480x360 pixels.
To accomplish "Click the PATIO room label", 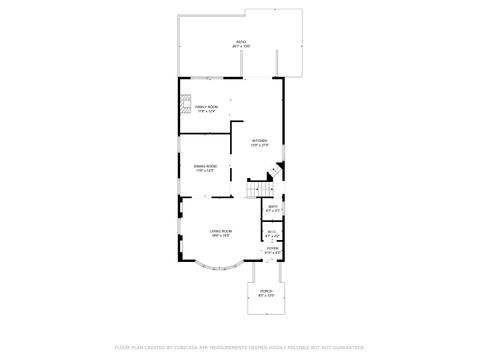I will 242,41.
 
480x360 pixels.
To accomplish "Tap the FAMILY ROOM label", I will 207,105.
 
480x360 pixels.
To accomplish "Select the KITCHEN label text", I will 259,140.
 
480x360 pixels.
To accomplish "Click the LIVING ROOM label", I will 221,230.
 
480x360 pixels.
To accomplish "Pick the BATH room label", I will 273,206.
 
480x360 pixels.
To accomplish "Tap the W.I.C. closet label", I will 271,231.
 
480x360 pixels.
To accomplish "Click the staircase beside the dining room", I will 261,187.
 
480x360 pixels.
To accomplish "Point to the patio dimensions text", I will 242,46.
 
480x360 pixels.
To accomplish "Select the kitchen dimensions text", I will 259,145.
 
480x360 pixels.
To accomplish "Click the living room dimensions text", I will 221,235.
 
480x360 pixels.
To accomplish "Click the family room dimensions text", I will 207,110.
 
